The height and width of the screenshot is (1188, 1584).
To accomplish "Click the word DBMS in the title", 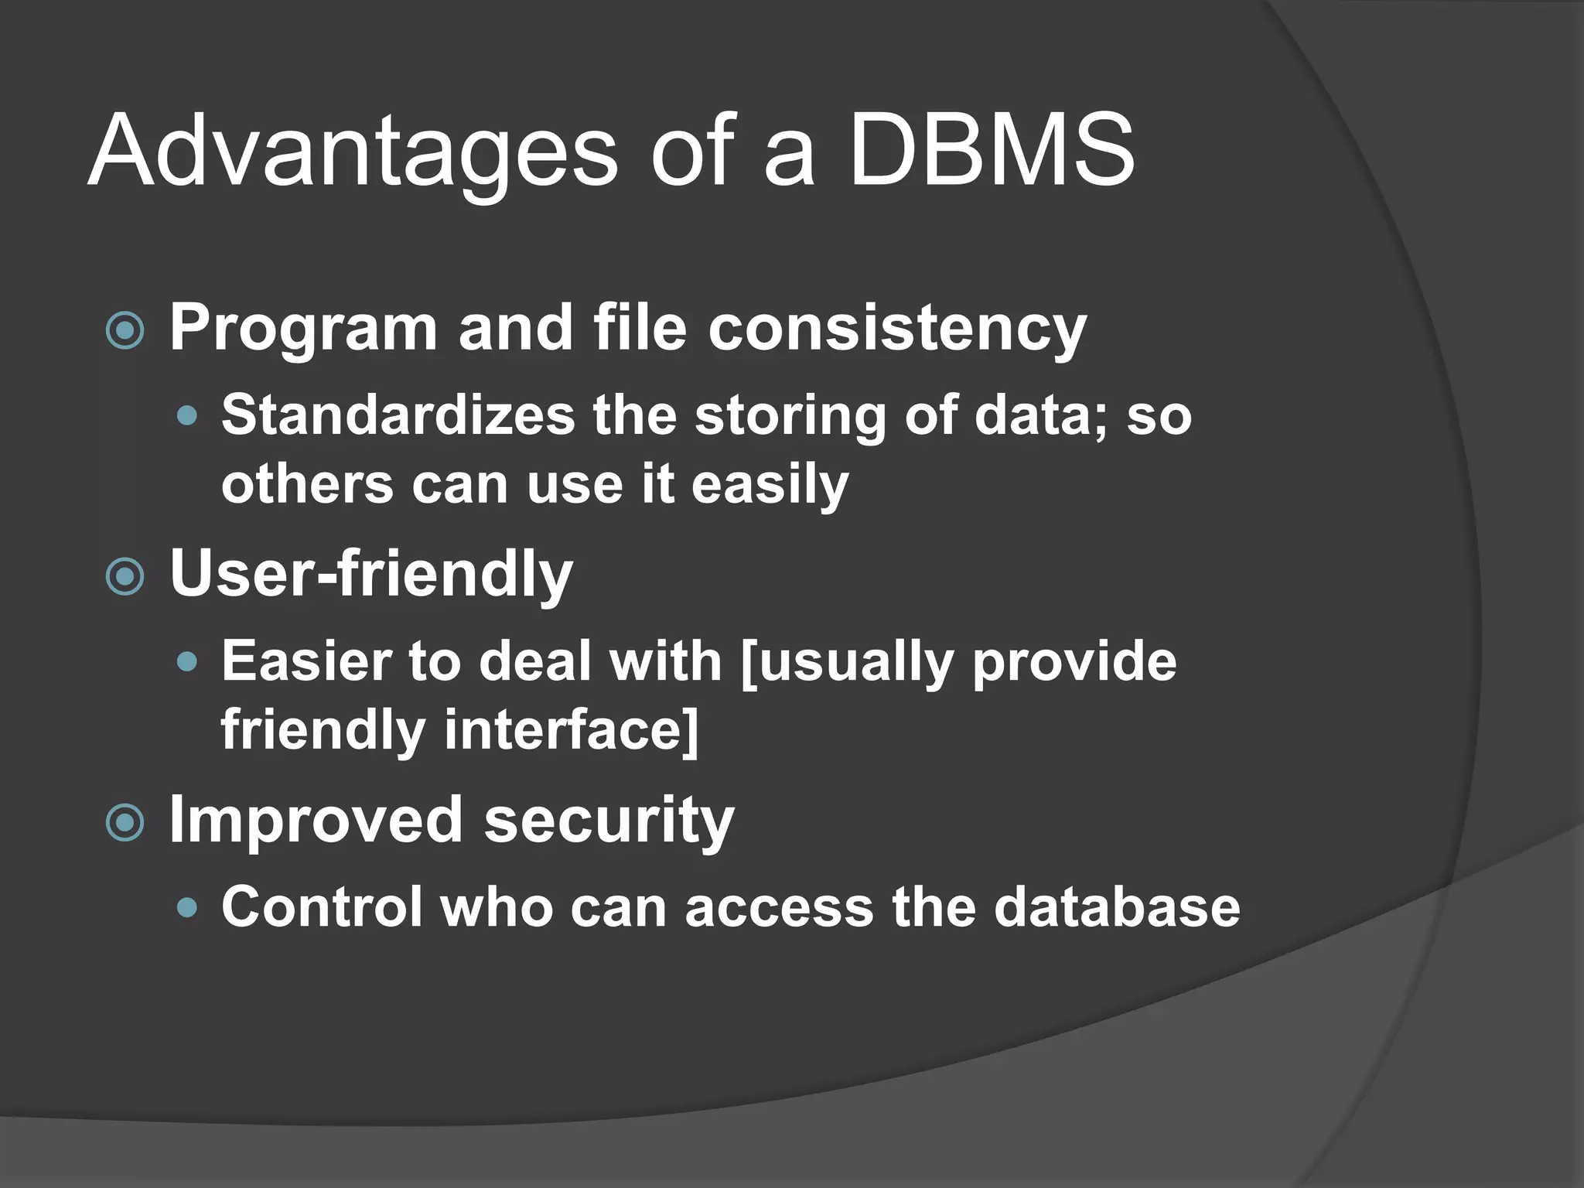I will (992, 150).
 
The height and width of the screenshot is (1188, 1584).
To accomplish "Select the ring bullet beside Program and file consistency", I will (125, 331).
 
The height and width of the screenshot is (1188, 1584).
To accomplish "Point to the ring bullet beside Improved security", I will (125, 823).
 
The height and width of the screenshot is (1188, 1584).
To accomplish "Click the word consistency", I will (897, 329).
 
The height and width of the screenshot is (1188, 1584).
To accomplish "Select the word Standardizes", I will (398, 415).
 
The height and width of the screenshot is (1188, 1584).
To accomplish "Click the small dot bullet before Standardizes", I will (187, 417).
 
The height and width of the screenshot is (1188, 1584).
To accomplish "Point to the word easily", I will (770, 486).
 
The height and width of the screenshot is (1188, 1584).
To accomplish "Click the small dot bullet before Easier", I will (187, 663).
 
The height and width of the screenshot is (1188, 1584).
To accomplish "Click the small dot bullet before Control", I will (187, 907).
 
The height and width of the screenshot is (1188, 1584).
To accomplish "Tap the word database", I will (1117, 906).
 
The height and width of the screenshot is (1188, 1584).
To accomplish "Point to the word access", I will (779, 908).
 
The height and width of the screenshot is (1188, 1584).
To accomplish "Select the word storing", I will (790, 416).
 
